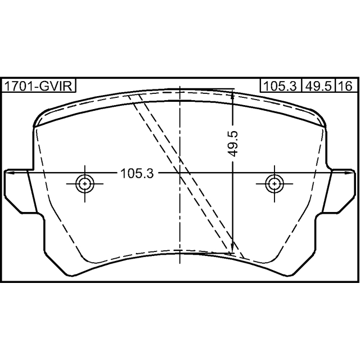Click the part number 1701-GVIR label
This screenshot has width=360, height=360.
pyautogui.click(x=39, y=86)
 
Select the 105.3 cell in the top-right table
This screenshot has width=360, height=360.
pyautogui.click(x=280, y=86)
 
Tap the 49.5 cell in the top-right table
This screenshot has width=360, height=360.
pyautogui.click(x=318, y=86)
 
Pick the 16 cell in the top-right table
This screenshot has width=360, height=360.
pyautogui.click(x=346, y=86)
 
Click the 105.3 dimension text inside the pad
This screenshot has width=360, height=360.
pyautogui.click(x=137, y=173)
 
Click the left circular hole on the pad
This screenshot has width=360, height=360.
pyautogui.click(x=85, y=184)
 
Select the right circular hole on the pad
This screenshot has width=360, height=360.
pyautogui.click(x=274, y=184)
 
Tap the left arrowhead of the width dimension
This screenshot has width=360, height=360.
pyautogui.click(x=9, y=173)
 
